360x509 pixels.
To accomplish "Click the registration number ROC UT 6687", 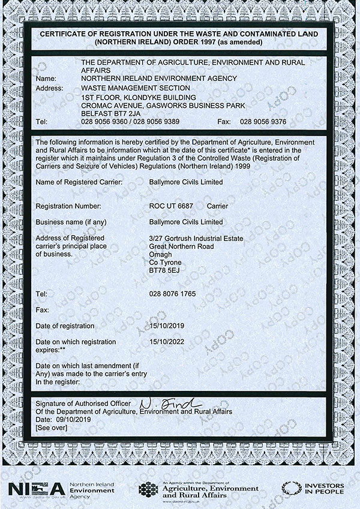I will (171, 206).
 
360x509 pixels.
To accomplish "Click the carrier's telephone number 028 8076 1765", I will (172, 294).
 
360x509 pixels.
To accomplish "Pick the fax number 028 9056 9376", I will (263, 121).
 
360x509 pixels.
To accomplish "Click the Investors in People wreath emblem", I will (292, 489).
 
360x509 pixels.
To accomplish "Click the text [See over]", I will (51, 429).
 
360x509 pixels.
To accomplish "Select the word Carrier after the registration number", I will (217, 206).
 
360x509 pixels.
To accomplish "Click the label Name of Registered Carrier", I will (79, 182).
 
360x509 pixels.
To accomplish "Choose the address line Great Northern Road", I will (182, 246).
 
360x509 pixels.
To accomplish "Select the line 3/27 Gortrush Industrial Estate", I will (191, 238).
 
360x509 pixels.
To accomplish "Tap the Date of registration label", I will (65, 326).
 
